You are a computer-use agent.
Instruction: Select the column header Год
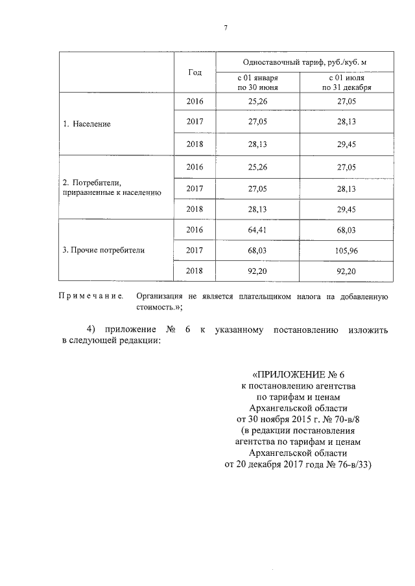[195, 73]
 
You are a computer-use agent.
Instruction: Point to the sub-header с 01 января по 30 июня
[258, 82]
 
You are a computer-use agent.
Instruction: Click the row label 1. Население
[87, 124]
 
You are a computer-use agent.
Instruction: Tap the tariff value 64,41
[258, 229]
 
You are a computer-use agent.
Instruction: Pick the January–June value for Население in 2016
[258, 102]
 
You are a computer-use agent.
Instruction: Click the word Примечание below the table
[91, 296]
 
